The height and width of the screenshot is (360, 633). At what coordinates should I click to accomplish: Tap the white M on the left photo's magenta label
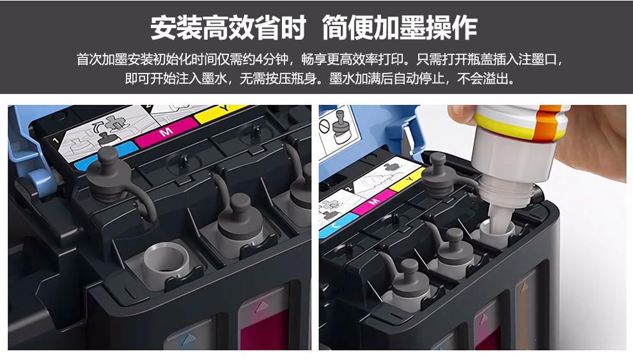point(166,132)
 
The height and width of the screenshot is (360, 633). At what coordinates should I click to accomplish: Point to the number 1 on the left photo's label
point(56,140)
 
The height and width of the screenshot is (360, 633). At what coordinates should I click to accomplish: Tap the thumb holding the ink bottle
point(461,115)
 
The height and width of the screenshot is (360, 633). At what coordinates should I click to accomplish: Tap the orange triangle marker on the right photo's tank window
point(524,287)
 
